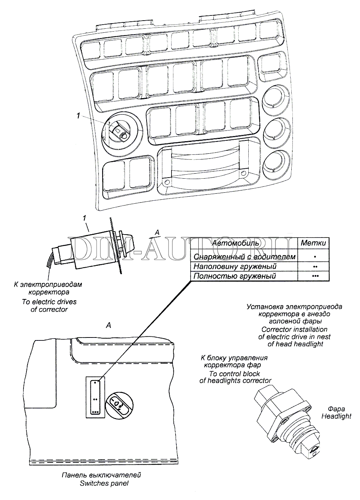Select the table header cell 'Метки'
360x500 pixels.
(313, 243)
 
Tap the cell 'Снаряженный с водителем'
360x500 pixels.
(244, 257)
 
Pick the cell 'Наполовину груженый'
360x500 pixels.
(235, 266)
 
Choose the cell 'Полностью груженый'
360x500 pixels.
(235, 276)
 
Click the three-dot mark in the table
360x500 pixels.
(315, 276)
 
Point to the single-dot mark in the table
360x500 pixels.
(315, 257)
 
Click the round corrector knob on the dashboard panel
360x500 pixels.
(120, 132)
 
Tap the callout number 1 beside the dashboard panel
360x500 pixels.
(78, 116)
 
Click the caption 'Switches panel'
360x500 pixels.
(104, 483)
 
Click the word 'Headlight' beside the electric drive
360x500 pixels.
(336, 416)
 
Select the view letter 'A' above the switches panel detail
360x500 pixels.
(108, 325)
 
